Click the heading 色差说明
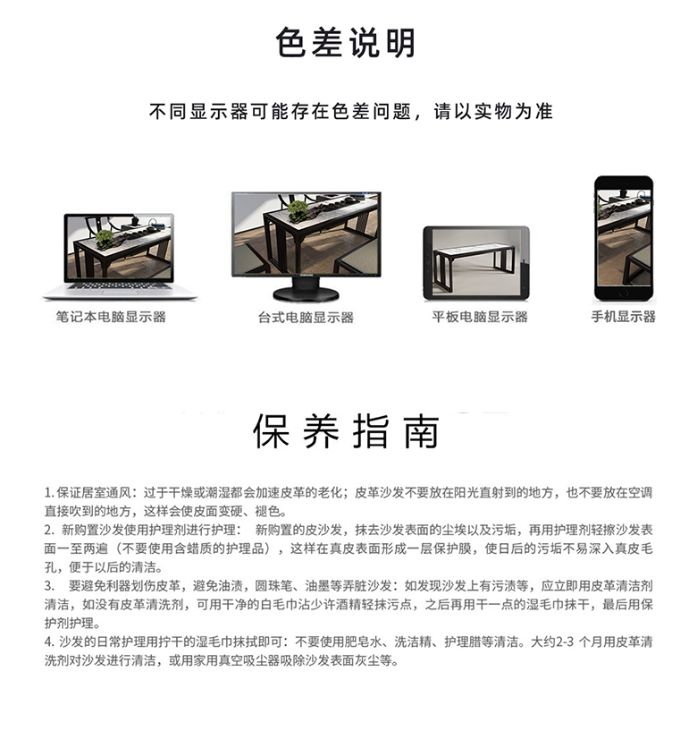(x=346, y=43)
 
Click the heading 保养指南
(x=346, y=431)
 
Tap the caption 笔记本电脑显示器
(x=111, y=317)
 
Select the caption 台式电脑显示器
(x=306, y=318)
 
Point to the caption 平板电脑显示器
(x=480, y=317)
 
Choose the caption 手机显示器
(x=624, y=317)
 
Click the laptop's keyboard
(x=119, y=285)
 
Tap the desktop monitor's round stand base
(x=306, y=294)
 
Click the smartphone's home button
(x=624, y=294)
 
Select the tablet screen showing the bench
(x=476, y=262)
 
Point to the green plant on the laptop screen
(x=105, y=240)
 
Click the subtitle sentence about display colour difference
(x=351, y=112)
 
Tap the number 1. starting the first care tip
(x=49, y=493)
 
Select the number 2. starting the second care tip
(x=50, y=530)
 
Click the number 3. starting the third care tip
(x=50, y=586)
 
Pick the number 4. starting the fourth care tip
(x=50, y=642)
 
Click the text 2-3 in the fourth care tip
(x=565, y=642)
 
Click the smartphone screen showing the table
(x=624, y=238)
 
